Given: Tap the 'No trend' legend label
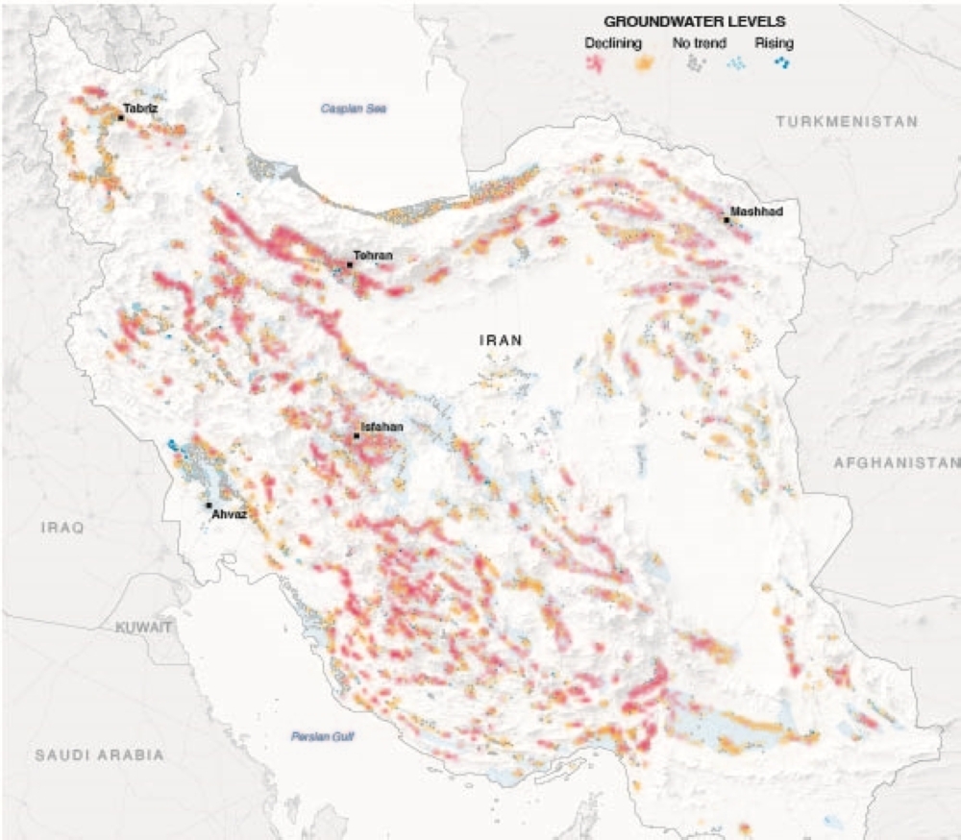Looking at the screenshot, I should (699, 43).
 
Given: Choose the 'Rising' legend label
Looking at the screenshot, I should (773, 43).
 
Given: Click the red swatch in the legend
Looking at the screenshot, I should (597, 64).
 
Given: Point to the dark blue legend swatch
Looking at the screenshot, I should (784, 64).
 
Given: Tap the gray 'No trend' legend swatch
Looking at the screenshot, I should (695, 64).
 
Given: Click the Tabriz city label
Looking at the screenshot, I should (140, 109).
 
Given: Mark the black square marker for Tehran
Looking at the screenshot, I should (350, 264).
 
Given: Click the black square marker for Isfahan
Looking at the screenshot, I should (357, 435).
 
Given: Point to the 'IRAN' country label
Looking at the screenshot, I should (501, 339).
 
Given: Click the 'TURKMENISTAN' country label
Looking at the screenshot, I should (847, 122).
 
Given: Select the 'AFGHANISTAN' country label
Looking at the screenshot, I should (897, 462).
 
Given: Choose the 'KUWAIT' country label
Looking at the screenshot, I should (143, 627).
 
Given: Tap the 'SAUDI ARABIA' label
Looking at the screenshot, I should (99, 754).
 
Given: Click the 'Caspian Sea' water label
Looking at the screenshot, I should (353, 110).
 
